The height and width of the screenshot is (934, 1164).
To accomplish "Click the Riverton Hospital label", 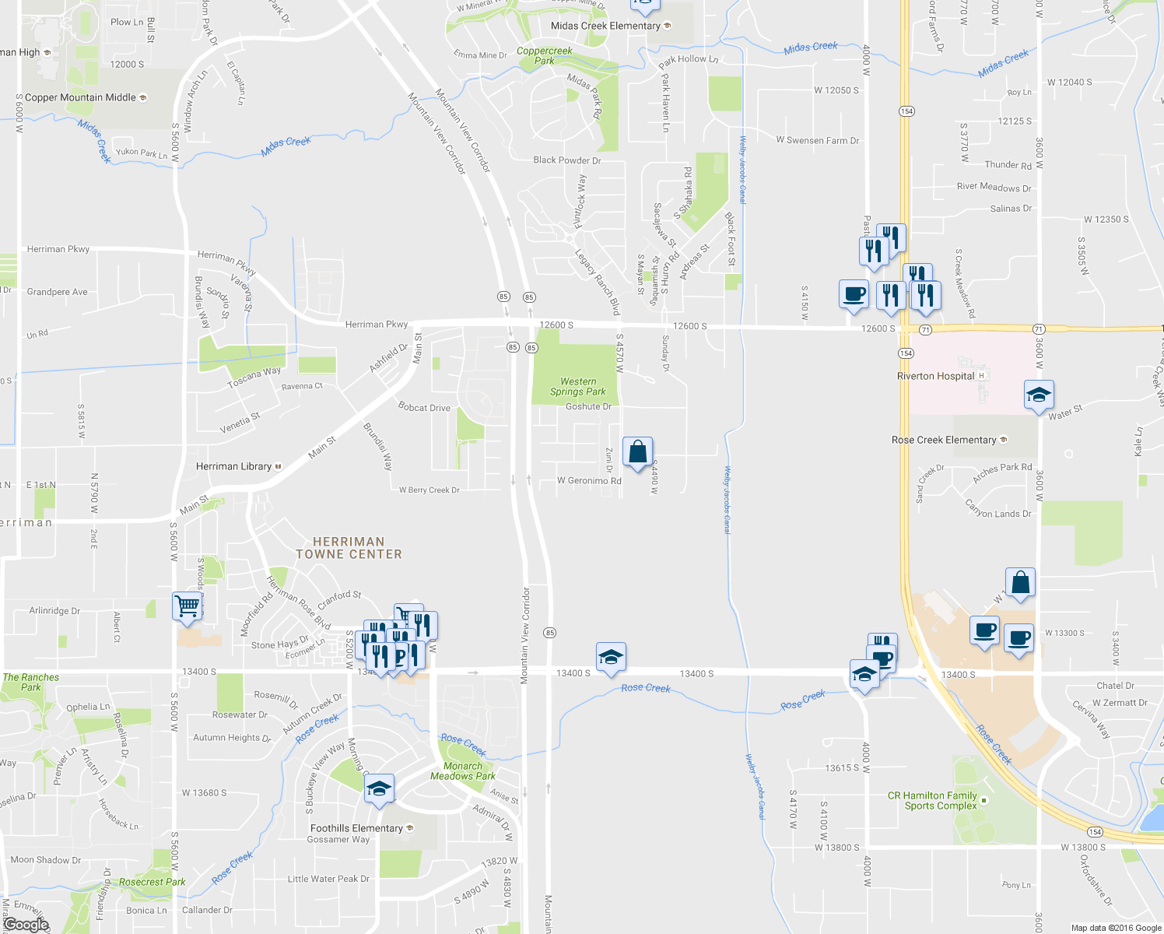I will click(935, 376).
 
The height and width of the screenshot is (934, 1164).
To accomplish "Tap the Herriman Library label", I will click(233, 466).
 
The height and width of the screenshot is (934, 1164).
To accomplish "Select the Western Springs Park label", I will click(578, 387).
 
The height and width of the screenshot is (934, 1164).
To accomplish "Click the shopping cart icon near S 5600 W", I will click(187, 606).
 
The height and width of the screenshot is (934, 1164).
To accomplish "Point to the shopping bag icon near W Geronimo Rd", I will click(637, 451).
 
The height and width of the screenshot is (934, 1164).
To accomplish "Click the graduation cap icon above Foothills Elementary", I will click(379, 789).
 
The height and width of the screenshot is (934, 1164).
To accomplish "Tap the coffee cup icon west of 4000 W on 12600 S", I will click(854, 294).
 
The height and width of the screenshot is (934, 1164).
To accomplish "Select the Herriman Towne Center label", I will click(349, 548).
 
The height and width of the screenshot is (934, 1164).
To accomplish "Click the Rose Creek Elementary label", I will click(944, 440).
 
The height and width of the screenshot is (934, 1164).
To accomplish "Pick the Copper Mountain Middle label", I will click(80, 97).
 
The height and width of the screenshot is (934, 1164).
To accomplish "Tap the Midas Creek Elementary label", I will click(605, 26).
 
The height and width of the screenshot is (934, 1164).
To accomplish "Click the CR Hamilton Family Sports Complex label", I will click(932, 800).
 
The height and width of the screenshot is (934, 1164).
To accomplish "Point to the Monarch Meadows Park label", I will click(463, 771).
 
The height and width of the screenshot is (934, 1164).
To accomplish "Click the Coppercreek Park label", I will click(545, 55).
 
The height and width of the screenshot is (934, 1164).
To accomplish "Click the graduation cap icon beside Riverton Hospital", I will click(1039, 395).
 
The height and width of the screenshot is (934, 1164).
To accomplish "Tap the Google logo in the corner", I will click(26, 924).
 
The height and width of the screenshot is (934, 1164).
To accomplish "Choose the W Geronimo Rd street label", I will click(589, 481).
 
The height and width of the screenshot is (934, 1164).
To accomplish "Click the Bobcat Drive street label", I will click(424, 407).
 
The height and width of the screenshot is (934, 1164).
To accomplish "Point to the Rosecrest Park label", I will click(153, 882).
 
